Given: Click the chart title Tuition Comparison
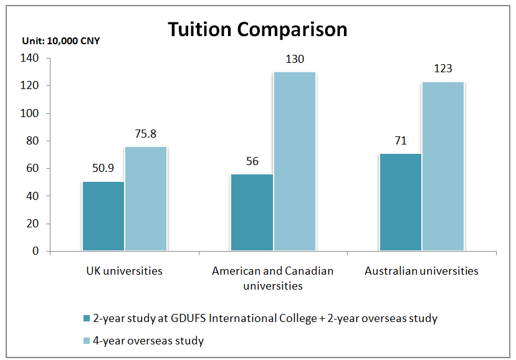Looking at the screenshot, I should pos(257,29).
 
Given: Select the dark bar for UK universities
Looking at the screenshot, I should pos(103,216).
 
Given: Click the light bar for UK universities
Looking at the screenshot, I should pos(146,199).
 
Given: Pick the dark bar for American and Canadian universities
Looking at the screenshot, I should pos(252,212).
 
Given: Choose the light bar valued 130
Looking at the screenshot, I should pos(294,162).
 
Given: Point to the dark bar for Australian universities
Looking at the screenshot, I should pos(400,202).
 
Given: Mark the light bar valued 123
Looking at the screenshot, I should pos(442,166).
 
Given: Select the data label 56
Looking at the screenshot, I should pos(252,161).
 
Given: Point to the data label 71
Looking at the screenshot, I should pos(400,141).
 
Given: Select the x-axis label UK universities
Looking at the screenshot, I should pos(124,271).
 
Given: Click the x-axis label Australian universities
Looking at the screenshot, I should pos(421,271).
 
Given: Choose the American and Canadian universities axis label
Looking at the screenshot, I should pos(273,278).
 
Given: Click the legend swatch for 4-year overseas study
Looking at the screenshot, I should pos(86,341).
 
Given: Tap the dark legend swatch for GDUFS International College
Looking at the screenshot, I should pos(86,319).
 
